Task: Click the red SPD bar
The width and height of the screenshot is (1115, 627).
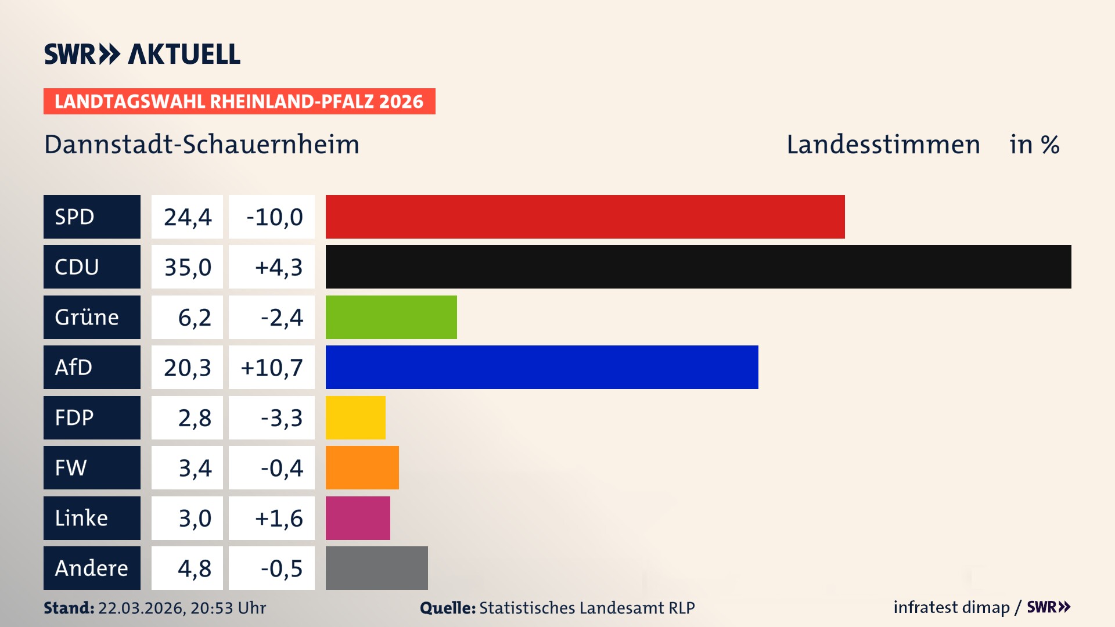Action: point(585,217)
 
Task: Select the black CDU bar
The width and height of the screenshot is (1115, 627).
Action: point(698,266)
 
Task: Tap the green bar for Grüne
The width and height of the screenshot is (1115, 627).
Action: point(391,317)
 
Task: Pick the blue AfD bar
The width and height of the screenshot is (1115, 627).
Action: point(541,367)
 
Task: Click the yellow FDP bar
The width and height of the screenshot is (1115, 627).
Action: point(355,417)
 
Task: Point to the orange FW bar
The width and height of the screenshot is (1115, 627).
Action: point(362,467)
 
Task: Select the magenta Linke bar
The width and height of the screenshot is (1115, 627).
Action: point(358,518)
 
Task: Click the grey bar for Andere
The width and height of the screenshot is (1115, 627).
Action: point(376,568)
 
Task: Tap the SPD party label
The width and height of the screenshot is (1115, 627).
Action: point(92,217)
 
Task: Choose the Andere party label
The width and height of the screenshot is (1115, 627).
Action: point(92,568)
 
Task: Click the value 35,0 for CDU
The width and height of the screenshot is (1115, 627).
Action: point(187,267)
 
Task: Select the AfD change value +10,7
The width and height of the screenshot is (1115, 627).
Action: point(271,367)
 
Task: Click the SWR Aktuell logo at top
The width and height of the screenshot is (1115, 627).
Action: point(142,54)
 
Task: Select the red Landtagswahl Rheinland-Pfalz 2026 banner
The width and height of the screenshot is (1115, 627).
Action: point(239,102)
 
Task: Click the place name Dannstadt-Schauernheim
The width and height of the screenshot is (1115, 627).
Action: point(202,145)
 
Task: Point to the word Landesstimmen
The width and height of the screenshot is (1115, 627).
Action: point(883,145)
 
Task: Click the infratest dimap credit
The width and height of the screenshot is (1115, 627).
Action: point(951,607)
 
